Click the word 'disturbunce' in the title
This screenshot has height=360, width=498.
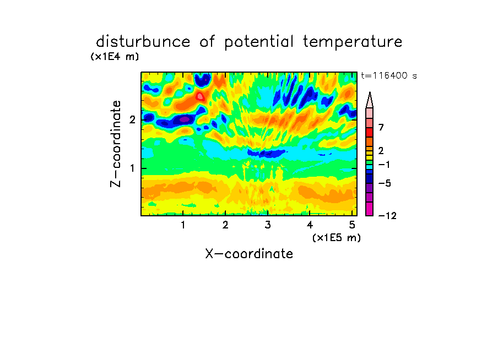tap(143, 42)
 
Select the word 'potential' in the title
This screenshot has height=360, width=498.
tap(259, 42)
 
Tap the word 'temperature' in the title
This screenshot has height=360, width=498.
tap(353, 42)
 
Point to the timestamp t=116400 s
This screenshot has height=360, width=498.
tap(389, 75)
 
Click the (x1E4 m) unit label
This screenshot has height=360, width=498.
tap(115, 57)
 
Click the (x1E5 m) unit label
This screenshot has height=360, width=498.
tap(337, 237)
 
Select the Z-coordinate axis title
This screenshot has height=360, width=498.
tap(116, 144)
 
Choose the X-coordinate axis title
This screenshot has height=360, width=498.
tap(249, 254)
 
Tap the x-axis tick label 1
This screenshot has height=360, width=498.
tap(183, 225)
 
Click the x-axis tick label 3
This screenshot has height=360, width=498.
tap(268, 225)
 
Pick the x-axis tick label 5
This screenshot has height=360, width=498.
tap(352, 225)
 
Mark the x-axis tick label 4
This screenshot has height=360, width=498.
tap(310, 225)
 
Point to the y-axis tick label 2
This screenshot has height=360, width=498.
tap(132, 119)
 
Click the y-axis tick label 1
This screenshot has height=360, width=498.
tap(132, 168)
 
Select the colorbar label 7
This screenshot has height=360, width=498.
tap(381, 127)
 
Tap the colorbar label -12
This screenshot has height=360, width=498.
tap(387, 216)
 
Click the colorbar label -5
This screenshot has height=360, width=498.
tap(385, 183)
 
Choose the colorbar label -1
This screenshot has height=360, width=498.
tap(384, 165)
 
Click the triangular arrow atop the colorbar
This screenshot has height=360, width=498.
tap(370, 100)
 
